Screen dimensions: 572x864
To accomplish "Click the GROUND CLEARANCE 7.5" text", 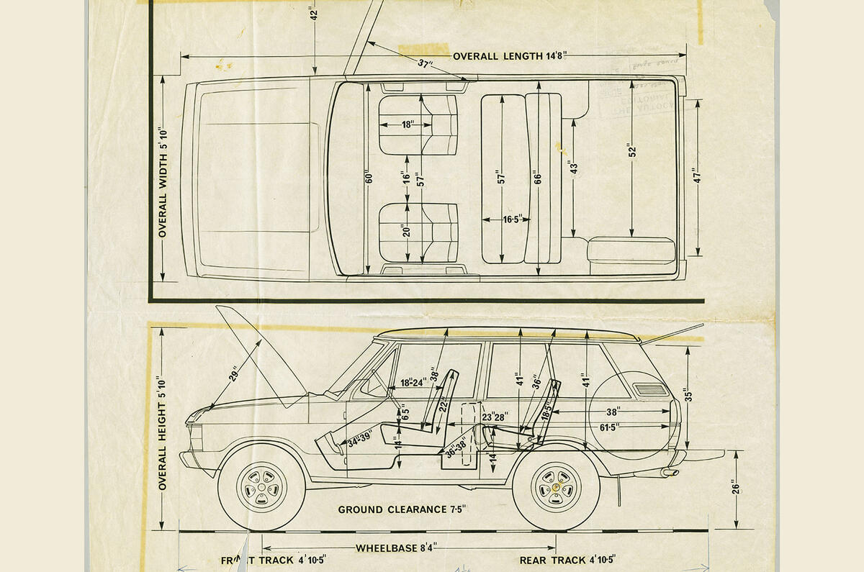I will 402,509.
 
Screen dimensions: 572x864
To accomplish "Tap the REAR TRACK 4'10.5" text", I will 567,560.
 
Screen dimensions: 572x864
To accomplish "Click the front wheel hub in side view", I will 261,488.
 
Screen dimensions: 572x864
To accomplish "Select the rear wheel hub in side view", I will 556,488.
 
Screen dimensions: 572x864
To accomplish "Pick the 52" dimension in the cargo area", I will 631,150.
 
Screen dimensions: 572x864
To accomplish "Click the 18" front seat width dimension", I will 408,124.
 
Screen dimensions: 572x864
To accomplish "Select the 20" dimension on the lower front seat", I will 407,232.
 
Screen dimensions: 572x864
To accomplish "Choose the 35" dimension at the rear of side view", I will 689,396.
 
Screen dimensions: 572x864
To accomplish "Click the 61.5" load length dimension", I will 611,427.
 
